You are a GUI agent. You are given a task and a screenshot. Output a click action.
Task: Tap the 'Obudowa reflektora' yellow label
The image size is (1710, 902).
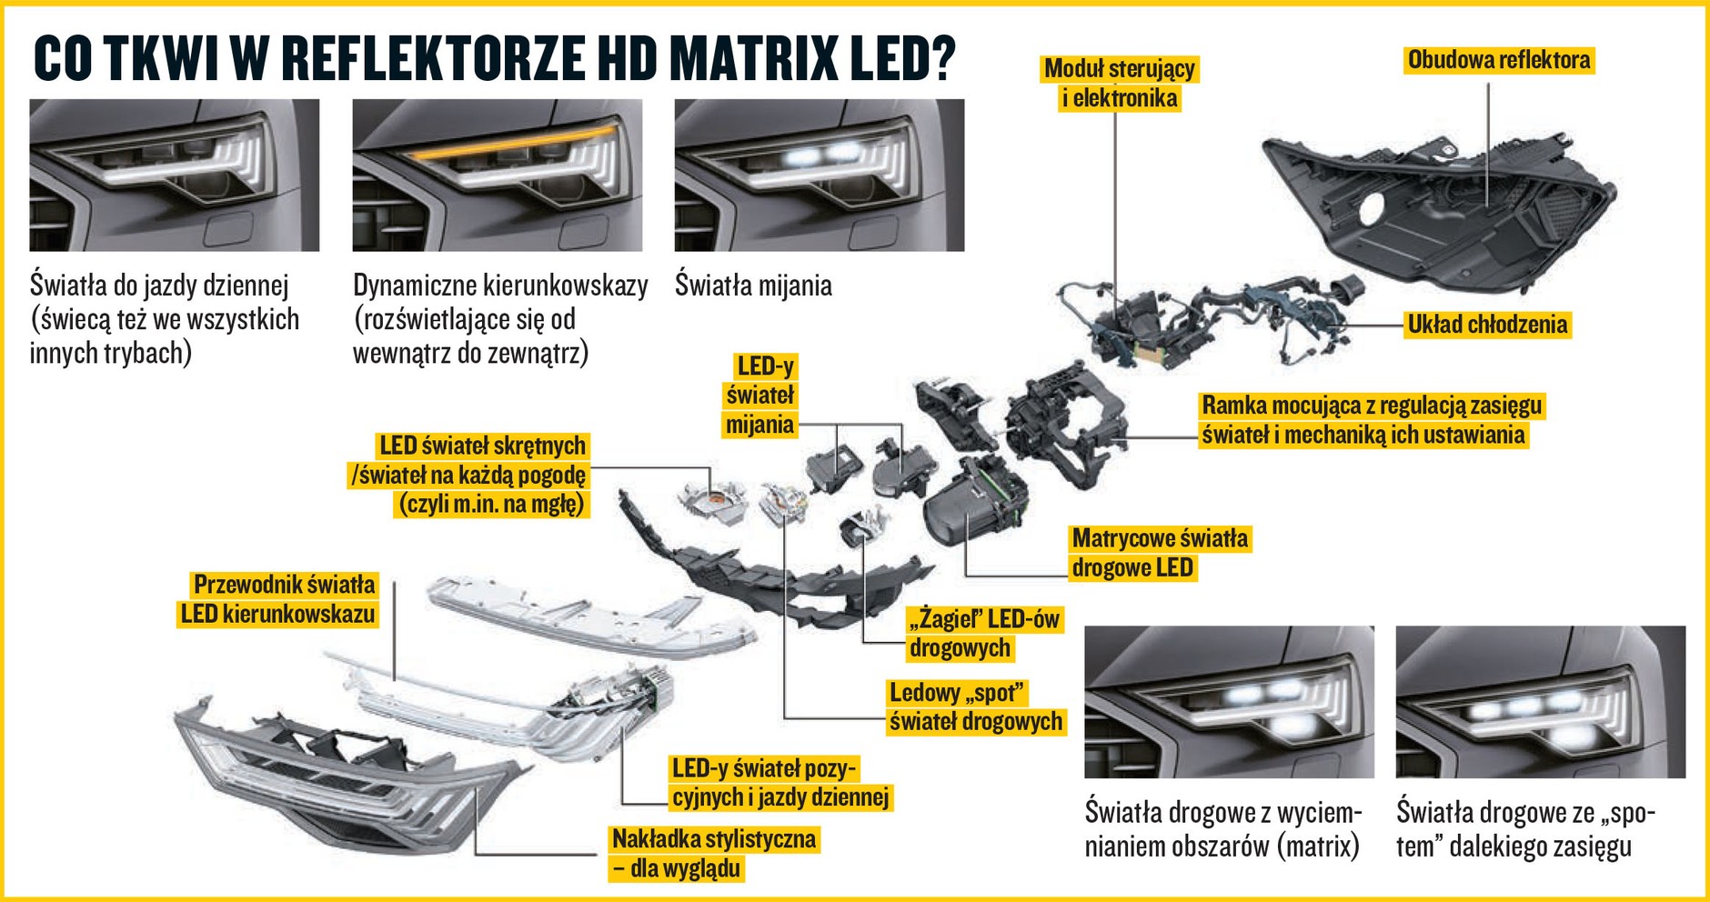click(1499, 60)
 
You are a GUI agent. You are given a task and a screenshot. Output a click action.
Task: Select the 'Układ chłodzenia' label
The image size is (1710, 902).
click(1487, 325)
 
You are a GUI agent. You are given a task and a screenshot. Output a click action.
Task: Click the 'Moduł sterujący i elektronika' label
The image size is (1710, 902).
click(1120, 84)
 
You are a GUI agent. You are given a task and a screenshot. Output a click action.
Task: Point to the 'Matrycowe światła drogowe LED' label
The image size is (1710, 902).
click(1160, 553)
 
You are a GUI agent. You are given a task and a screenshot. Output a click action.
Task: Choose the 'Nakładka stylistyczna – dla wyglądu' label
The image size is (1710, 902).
click(714, 853)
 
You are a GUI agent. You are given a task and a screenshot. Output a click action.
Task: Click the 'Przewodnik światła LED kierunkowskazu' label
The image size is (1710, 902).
click(278, 599)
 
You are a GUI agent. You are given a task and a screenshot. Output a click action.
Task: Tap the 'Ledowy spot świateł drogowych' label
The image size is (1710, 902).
click(975, 707)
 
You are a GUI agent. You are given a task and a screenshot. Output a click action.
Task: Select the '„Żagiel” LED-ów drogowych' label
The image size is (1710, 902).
click(984, 634)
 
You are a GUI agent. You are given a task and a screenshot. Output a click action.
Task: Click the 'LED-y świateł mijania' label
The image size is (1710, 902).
click(760, 396)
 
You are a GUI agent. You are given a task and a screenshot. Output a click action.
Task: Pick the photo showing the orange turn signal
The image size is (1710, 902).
click(498, 175)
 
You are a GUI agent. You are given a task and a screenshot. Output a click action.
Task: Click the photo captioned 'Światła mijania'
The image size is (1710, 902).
click(820, 175)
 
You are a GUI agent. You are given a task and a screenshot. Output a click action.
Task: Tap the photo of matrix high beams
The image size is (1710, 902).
click(1229, 702)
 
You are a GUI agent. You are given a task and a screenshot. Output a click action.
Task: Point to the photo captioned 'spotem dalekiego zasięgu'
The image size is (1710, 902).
click(1541, 702)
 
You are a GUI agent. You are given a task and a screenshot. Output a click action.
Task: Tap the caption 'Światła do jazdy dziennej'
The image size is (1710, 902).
click(159, 286)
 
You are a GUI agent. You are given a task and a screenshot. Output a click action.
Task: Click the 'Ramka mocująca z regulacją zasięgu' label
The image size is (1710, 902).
click(1372, 406)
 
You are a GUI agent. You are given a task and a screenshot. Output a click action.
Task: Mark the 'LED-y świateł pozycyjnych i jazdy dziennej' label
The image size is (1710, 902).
click(780, 783)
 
